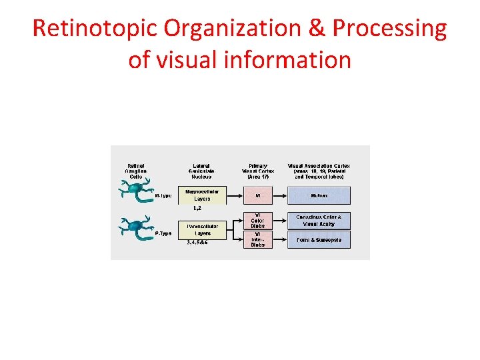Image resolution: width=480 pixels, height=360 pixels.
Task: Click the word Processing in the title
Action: (390, 29)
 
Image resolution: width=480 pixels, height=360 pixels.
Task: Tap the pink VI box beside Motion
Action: (257, 195)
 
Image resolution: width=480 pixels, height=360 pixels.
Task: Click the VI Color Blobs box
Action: (257, 221)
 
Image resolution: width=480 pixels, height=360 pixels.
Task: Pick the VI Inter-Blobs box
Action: (257, 239)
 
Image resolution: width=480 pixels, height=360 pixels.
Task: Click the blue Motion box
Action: (318, 195)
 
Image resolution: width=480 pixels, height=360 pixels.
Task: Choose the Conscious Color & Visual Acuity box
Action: (318, 221)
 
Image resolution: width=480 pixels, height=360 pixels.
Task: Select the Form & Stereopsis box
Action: (318, 239)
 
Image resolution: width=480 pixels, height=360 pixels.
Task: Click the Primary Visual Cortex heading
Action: (257, 171)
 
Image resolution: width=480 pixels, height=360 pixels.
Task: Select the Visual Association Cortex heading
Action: (319, 171)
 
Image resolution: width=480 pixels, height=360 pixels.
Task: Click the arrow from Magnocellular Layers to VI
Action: (233, 195)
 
